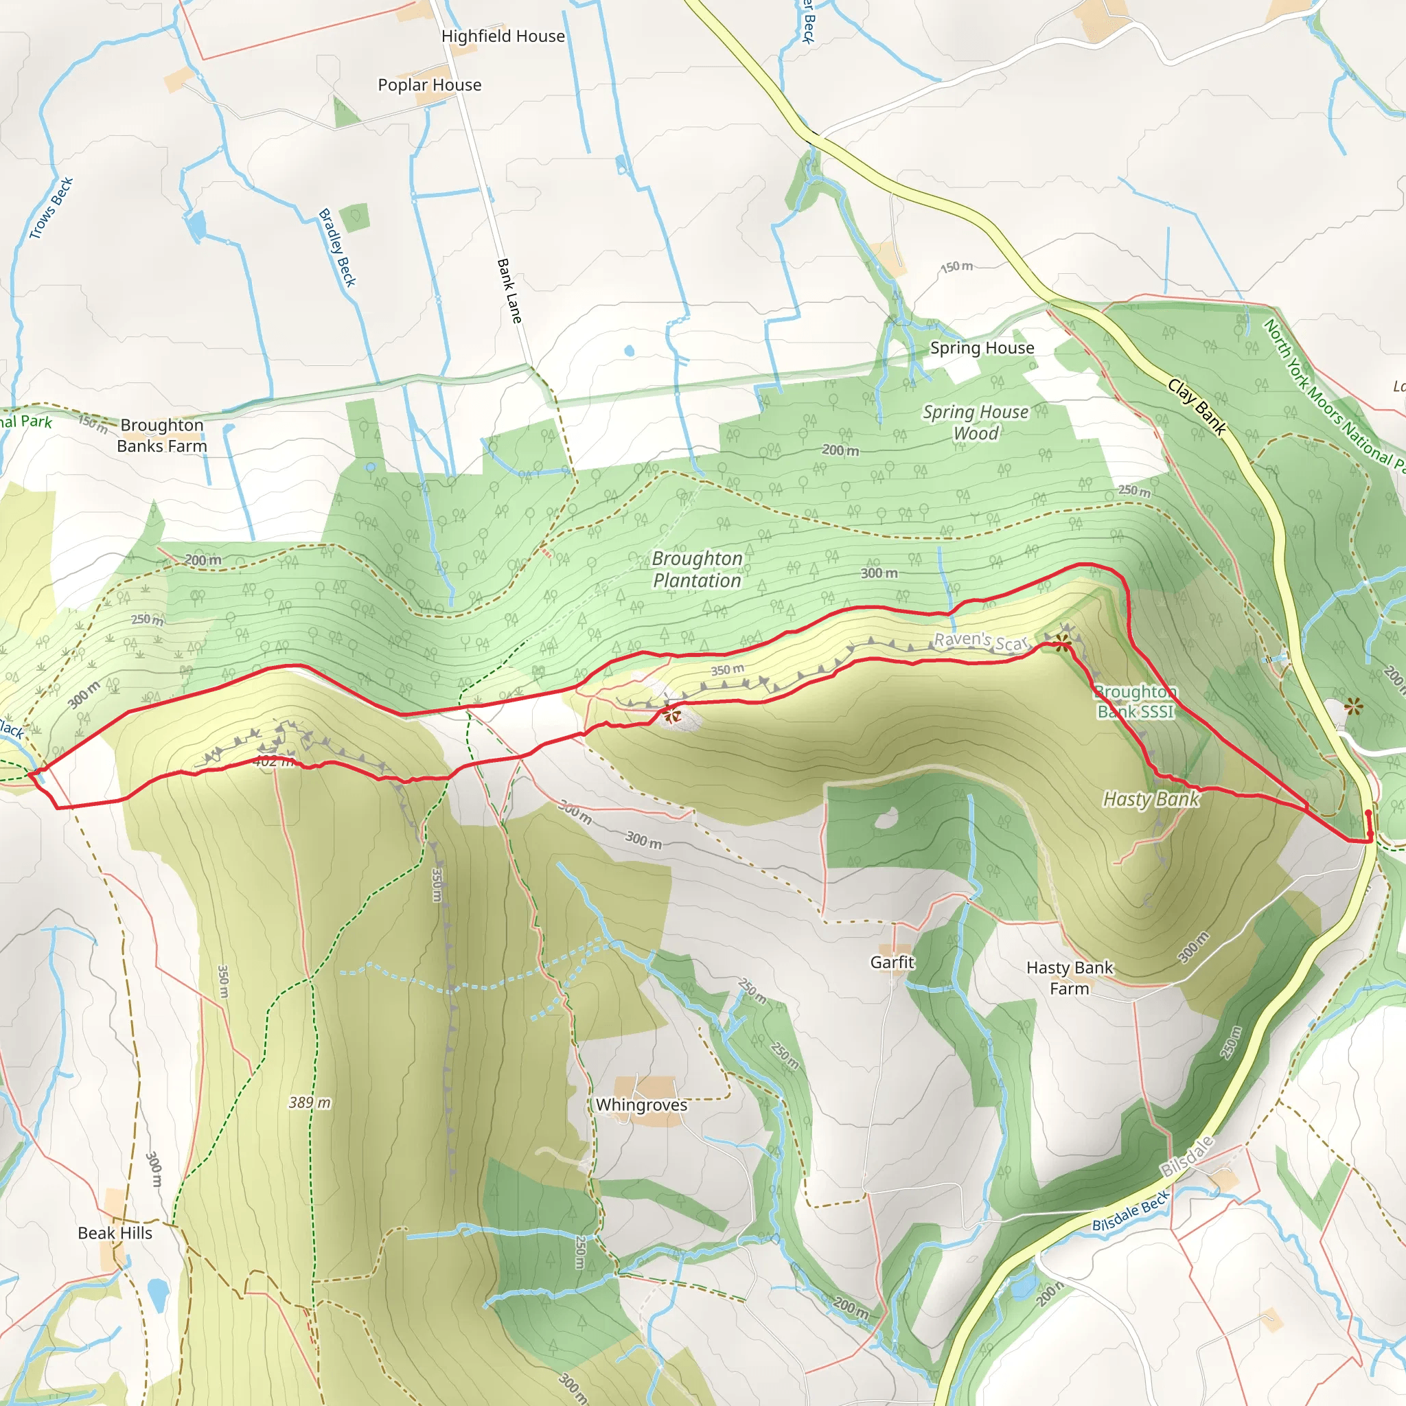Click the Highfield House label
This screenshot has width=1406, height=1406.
click(x=503, y=36)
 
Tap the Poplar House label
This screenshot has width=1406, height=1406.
click(x=429, y=85)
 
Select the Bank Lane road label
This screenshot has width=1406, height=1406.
click(x=509, y=290)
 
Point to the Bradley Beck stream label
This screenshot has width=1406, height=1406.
click(x=338, y=247)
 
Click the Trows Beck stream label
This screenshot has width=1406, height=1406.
click(x=51, y=208)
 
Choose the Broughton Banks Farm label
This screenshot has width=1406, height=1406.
click(x=161, y=435)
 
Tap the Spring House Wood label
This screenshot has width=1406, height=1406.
click(x=976, y=423)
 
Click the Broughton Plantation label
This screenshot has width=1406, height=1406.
click(x=698, y=570)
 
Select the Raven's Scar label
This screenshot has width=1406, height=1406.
click(x=980, y=641)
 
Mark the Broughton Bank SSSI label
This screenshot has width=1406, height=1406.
click(x=1136, y=702)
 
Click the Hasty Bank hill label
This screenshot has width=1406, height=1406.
click(x=1151, y=799)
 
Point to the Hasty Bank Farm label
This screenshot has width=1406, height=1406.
click(x=1069, y=978)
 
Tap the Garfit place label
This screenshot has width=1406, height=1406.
click(x=892, y=962)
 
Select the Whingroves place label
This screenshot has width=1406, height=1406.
click(x=641, y=1105)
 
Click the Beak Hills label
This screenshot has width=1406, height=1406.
click(x=115, y=1233)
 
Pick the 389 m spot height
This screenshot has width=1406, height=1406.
click(x=310, y=1103)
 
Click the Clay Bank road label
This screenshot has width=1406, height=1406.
click(x=1197, y=407)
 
